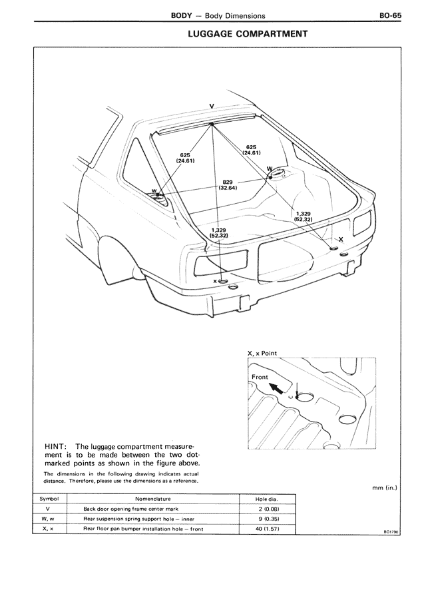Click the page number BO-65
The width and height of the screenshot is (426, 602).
pyautogui.click(x=390, y=15)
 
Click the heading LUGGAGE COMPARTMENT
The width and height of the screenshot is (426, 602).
pyautogui.click(x=238, y=33)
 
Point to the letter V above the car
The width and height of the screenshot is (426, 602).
pyautogui.click(x=212, y=107)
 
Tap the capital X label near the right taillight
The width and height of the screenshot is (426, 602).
pyautogui.click(x=341, y=238)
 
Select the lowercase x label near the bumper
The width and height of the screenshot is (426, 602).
pyautogui.click(x=215, y=281)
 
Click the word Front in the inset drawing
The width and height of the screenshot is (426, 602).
pyautogui.click(x=260, y=377)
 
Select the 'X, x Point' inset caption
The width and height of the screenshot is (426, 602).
pyautogui.click(x=262, y=353)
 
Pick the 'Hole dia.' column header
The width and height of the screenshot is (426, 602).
pyautogui.click(x=266, y=498)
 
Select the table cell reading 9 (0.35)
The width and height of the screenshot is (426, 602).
pyautogui.click(x=266, y=518)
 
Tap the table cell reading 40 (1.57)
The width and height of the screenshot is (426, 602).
pyautogui.click(x=266, y=529)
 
